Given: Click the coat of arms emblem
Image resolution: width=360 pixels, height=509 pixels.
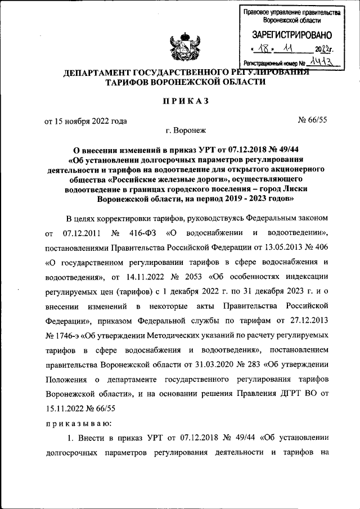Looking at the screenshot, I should point(183,48).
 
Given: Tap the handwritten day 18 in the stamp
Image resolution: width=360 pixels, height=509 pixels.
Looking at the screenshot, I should point(264,49).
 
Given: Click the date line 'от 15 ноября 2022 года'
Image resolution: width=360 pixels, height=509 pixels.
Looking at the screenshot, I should point(85,120).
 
